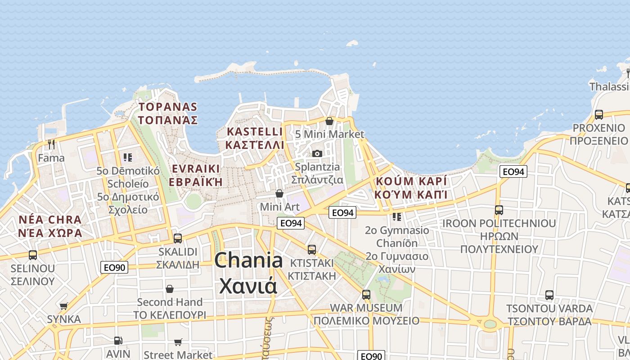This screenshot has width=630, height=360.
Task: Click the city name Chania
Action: pos(248,261)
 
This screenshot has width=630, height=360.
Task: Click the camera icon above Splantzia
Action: pos(317,154)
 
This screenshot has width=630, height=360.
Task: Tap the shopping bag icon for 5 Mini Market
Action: pos(329,121)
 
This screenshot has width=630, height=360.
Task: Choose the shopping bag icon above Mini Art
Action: pos(279,193)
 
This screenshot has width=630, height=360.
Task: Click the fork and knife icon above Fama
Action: pos(51,144)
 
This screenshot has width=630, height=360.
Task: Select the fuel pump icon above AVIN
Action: pos(118,341)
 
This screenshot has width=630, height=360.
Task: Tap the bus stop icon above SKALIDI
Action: pos(178,238)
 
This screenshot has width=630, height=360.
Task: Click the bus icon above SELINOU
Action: pos(33,255)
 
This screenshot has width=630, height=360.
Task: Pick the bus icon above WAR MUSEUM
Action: pos(366,295)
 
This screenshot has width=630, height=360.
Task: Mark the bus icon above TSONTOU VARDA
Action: pos(549,296)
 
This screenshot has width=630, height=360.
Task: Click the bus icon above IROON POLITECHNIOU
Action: pos(499,210)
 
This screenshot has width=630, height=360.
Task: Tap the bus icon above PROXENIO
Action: pos(598,115)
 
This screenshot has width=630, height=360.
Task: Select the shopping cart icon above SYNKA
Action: pos(64,306)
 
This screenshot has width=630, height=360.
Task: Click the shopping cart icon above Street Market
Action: pos(178,342)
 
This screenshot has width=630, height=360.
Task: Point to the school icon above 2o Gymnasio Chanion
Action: pos(396,217)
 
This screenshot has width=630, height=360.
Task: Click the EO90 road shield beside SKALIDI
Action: pos(114,267)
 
